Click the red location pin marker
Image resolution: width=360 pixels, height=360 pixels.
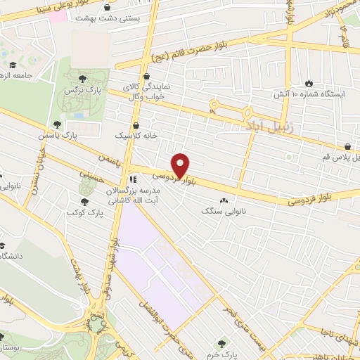[x=181, y=165]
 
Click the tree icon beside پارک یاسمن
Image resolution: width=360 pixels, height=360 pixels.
[x=57, y=124]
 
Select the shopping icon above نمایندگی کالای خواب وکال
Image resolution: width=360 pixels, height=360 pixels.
[x=146, y=77]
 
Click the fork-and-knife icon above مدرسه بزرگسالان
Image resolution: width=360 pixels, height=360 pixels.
[x=133, y=180]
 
